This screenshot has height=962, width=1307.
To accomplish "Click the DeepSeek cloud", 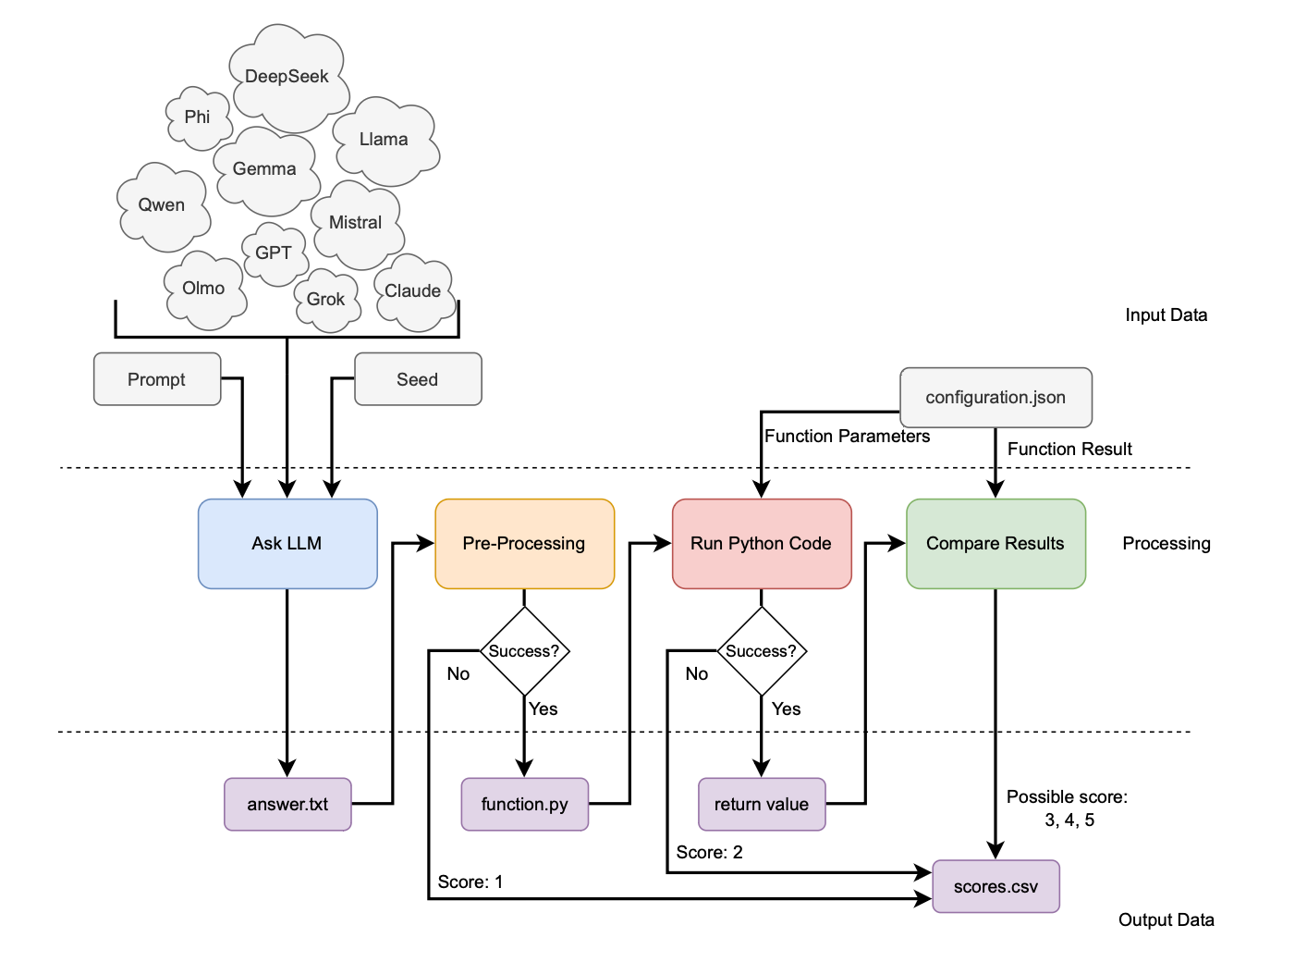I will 287,77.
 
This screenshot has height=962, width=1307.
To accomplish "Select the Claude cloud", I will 413,291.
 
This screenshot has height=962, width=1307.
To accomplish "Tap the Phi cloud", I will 198,117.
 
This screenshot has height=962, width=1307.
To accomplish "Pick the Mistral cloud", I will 356,223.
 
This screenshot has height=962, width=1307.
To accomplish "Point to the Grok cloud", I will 326,300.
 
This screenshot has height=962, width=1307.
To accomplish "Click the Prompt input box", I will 157,379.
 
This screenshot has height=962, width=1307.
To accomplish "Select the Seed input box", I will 418,379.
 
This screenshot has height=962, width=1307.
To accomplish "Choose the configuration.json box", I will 996,398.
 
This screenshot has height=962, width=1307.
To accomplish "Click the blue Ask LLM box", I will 287,544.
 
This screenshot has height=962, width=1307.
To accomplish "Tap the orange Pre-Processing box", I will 524,544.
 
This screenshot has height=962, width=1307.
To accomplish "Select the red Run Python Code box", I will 762,544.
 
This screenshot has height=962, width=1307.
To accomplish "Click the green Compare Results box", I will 996,544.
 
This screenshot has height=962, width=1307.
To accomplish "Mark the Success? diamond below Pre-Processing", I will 524,651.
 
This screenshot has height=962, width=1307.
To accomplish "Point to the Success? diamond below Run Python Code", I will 762,651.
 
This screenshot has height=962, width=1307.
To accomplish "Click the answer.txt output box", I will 287,804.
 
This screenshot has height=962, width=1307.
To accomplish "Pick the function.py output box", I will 524,804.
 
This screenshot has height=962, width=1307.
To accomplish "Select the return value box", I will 762,804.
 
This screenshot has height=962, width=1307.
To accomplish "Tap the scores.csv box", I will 996,886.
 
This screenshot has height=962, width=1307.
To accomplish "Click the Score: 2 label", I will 709,852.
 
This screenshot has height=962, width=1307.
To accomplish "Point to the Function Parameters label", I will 847,437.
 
